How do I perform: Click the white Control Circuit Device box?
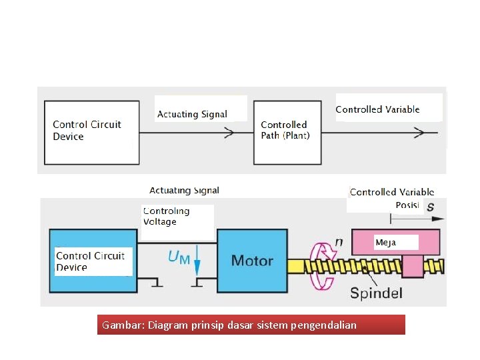pos(91,132)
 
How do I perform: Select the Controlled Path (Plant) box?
pos(285,132)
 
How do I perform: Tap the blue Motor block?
pos(252,260)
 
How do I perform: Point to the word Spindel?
pos(376,293)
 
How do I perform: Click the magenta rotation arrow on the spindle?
pos(324,266)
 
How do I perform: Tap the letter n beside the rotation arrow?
pos(339,241)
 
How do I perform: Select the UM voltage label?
pos(178,257)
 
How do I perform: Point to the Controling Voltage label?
pos(167,216)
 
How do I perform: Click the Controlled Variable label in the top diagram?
pos(377,109)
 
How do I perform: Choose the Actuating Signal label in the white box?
pos(192,114)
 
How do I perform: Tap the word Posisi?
pos(406,205)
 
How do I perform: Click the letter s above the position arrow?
pos(430,206)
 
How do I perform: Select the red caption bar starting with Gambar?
pos(251,325)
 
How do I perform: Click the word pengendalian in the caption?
pos(324,326)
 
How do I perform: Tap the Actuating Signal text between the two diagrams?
pos(184,191)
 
